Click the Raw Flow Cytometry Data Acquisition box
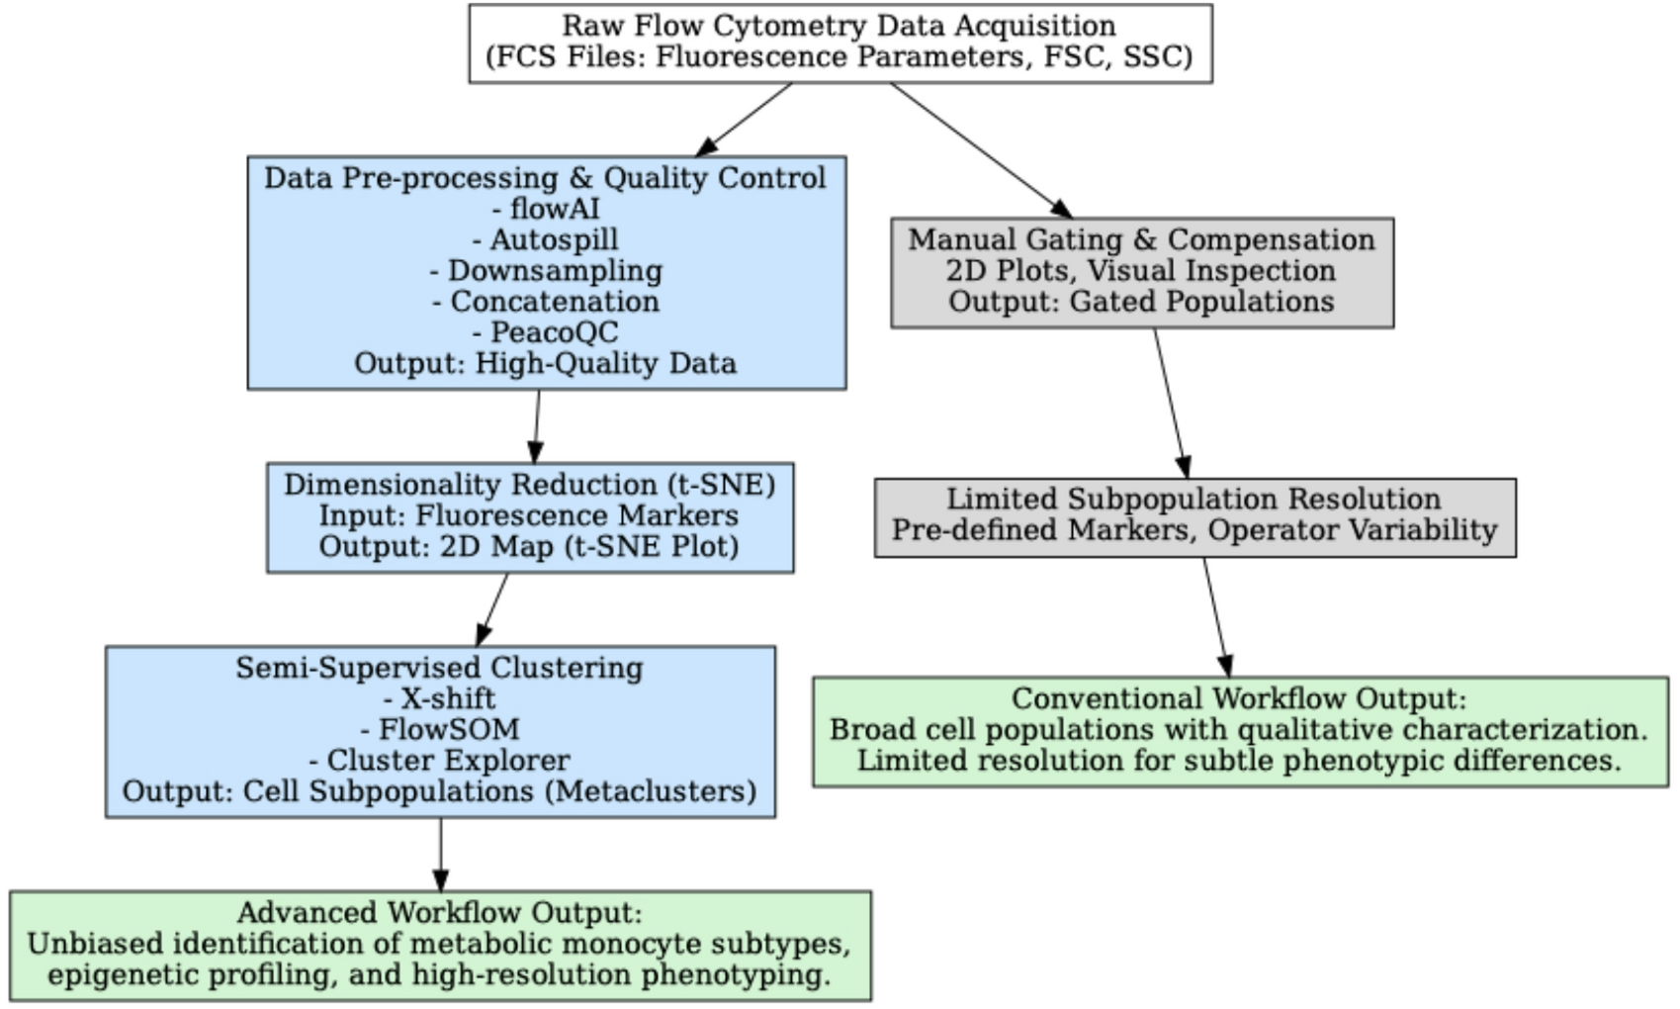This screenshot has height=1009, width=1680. click(x=840, y=42)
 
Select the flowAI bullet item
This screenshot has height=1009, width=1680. click(x=546, y=209)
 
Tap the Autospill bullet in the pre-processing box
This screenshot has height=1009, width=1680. click(x=546, y=239)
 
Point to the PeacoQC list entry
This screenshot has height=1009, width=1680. click(x=546, y=332)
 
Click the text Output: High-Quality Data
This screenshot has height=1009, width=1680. click(x=546, y=363)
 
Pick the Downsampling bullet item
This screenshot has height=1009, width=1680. click(x=546, y=270)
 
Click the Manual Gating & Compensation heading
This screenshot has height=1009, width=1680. click(x=1141, y=239)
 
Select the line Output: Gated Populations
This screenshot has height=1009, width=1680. click(x=1141, y=301)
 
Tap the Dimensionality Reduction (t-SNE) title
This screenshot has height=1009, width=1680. click(x=529, y=485)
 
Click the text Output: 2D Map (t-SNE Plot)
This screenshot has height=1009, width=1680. click(x=529, y=546)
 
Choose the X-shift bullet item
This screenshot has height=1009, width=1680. click(x=439, y=698)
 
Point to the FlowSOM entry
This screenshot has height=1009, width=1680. click(x=439, y=729)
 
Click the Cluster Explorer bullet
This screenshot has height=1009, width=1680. click(x=439, y=760)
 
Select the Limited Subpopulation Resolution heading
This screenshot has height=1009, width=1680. click(x=1194, y=499)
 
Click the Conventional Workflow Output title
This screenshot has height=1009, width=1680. click(x=1239, y=698)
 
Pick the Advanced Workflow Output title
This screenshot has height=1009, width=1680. click(x=439, y=912)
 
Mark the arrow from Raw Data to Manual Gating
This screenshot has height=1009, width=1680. click(x=979, y=148)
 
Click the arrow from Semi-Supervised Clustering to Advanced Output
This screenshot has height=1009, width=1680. click(x=440, y=853)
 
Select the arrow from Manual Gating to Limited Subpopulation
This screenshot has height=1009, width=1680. click(x=1170, y=401)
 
